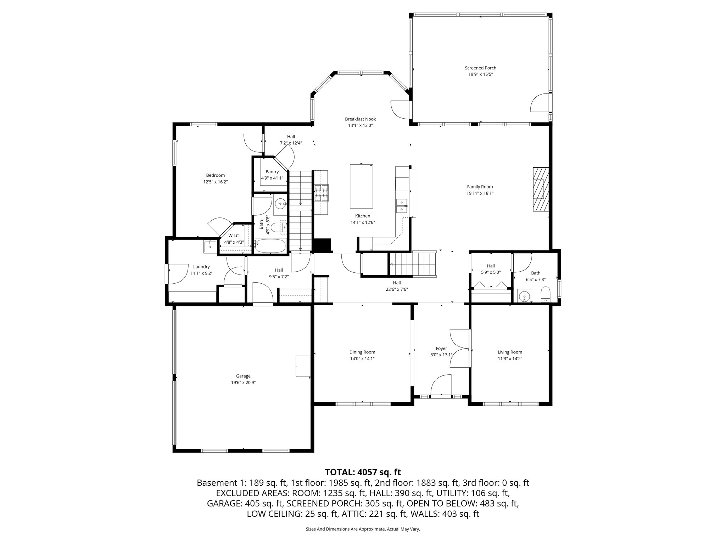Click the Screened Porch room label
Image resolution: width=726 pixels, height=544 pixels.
point(480,68)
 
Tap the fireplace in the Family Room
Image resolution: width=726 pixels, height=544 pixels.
point(540,189)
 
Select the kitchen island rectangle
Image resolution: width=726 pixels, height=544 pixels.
point(361,186)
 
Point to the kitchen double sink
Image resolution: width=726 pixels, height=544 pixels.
point(402,206)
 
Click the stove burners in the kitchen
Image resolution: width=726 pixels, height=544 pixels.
point(321,193)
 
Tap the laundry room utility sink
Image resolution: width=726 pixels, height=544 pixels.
point(210,246)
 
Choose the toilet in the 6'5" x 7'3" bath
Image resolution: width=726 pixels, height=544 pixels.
point(546,294)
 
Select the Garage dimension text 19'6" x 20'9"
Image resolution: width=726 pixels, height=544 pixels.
point(243,382)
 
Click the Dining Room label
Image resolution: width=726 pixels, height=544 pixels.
point(362,352)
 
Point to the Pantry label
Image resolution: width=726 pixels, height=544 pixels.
point(272,172)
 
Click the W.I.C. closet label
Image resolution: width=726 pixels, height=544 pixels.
point(234,236)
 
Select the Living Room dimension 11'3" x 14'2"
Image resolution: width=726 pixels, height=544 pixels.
point(510,358)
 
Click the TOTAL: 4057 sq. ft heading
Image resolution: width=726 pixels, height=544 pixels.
point(363,472)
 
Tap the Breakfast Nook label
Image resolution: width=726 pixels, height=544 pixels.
point(360,119)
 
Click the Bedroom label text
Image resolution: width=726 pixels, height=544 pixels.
point(215,175)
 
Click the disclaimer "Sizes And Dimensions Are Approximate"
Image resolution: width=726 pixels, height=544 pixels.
point(363,529)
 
